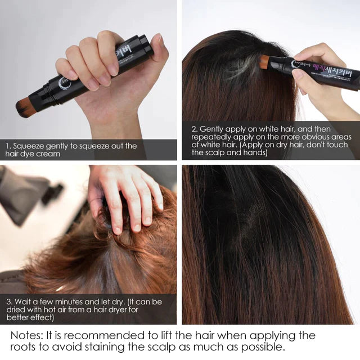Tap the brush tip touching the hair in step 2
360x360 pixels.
click(x=264, y=62)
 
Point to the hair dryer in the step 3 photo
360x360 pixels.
click(x=28, y=191)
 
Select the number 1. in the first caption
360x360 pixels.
click(x=8, y=146)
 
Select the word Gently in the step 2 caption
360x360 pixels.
click(x=213, y=129)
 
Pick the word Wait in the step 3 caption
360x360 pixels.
click(x=25, y=302)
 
